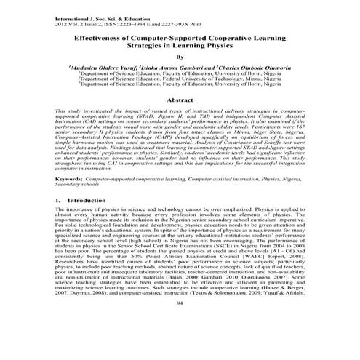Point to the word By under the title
click(x=180, y=57)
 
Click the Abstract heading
click(x=180, y=98)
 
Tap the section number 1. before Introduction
click(x=57, y=199)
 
